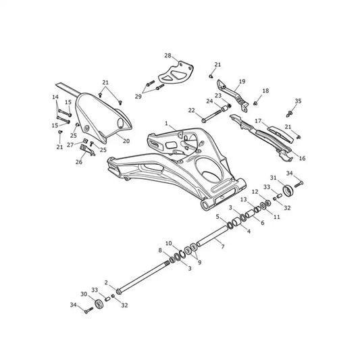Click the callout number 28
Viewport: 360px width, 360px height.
[168, 55]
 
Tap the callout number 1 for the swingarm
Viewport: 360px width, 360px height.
[166, 124]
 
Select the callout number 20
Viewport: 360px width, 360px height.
[126, 141]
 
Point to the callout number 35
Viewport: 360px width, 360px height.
[298, 101]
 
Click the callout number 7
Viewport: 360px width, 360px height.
[222, 247]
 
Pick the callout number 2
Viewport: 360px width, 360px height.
[106, 282]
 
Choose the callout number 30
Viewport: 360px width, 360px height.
[84, 294]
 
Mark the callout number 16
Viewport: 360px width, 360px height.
[302, 158]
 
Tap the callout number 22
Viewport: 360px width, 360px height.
[191, 111]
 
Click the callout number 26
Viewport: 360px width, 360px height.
[79, 162]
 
